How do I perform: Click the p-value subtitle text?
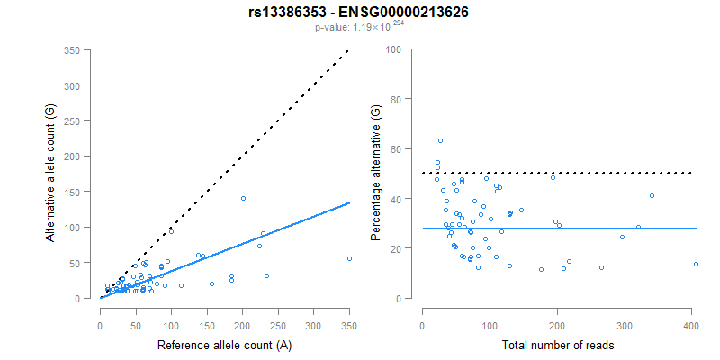pyautogui.click(x=360, y=28)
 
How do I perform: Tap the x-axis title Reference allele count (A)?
pyautogui.click(x=224, y=345)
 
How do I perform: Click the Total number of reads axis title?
pyautogui.click(x=558, y=345)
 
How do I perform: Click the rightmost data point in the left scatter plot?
pyautogui.click(x=349, y=258)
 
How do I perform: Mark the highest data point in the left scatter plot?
pyautogui.click(x=243, y=198)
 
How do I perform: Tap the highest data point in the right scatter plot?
pyautogui.click(x=440, y=140)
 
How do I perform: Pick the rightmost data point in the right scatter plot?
pyautogui.click(x=696, y=264)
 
